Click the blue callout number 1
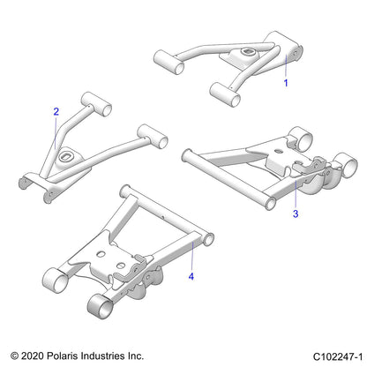coord(286,83)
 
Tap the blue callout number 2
coord(56,111)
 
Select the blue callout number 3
coord(296,213)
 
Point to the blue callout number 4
coord(191,276)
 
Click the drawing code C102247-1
coord(338,356)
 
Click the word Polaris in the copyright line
coord(61,356)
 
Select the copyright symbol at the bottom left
coord(15,356)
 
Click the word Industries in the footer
coord(102,356)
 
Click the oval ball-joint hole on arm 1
coord(245,52)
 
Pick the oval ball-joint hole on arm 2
coord(65,155)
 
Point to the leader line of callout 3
coord(296,192)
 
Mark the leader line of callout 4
coord(191,255)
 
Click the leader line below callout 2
coord(56,132)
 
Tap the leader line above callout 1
coord(286,65)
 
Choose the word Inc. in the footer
coord(136,356)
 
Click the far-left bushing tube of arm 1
coord(169,62)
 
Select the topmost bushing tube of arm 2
coord(96,104)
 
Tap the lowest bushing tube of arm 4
coord(101,303)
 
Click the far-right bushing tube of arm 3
coord(347,165)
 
